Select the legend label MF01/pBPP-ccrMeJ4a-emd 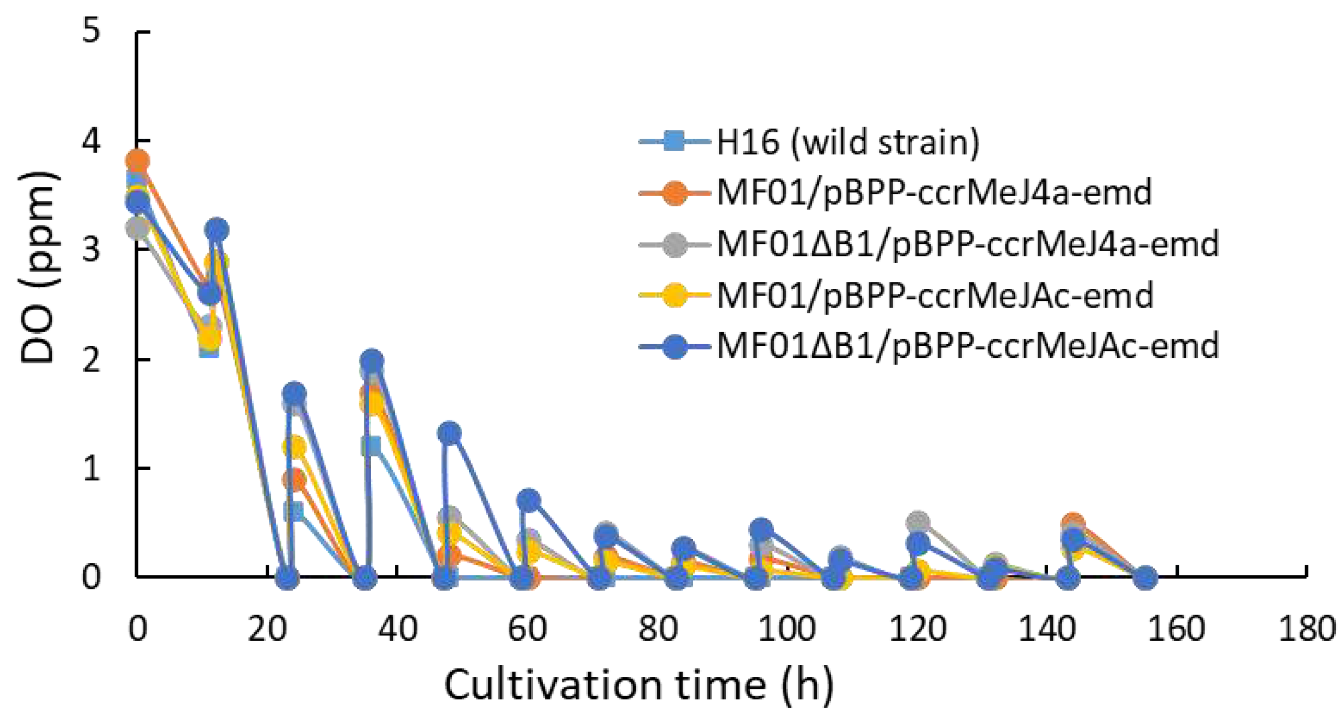[934, 193]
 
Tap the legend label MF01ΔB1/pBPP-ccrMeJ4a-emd [968, 244]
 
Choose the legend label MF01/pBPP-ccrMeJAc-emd [934, 296]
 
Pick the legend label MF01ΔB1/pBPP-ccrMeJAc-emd [968, 346]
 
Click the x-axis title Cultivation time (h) [639, 685]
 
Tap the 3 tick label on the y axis [91, 250]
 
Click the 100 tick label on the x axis [787, 629]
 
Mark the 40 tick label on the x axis [398, 629]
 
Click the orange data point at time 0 [137, 160]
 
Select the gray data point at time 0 [137, 228]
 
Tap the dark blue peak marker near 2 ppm [372, 361]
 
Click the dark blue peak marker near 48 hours [450, 433]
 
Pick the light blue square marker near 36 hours [371, 446]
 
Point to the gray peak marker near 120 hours [918, 523]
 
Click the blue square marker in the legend [674, 142]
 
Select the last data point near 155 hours [1145, 577]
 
